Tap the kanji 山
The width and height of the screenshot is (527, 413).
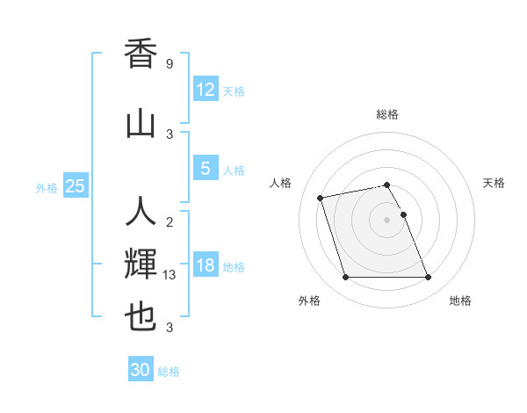pyautogui.click(x=141, y=122)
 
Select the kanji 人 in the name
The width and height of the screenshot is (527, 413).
pyautogui.click(x=141, y=212)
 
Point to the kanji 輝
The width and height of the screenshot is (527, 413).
pyautogui.click(x=141, y=263)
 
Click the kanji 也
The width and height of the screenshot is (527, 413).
pyautogui.click(x=141, y=317)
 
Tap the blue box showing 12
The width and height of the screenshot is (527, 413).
pyautogui.click(x=205, y=90)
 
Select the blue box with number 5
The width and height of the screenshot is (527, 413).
pyautogui.click(x=205, y=169)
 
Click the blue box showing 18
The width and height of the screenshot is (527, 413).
pyautogui.click(x=205, y=265)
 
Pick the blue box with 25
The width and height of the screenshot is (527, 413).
pyautogui.click(x=75, y=186)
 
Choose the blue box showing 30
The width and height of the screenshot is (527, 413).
pyautogui.click(x=141, y=370)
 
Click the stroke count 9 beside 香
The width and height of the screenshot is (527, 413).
pyautogui.click(x=170, y=64)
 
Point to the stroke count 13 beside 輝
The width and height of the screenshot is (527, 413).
pyautogui.click(x=170, y=275)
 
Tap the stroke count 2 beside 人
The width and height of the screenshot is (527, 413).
pyautogui.click(x=170, y=222)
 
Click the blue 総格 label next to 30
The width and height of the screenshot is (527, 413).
pyautogui.click(x=169, y=372)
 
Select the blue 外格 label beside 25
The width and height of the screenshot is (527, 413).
pyautogui.click(x=47, y=187)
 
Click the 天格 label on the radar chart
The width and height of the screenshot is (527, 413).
pyautogui.click(x=495, y=183)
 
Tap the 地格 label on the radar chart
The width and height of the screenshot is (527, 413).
pyautogui.click(x=460, y=301)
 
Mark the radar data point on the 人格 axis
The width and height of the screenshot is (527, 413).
pyautogui.click(x=321, y=197)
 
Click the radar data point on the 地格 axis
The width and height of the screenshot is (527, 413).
pyautogui.click(x=428, y=278)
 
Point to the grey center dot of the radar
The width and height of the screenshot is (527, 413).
pyautogui.click(x=386, y=220)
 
